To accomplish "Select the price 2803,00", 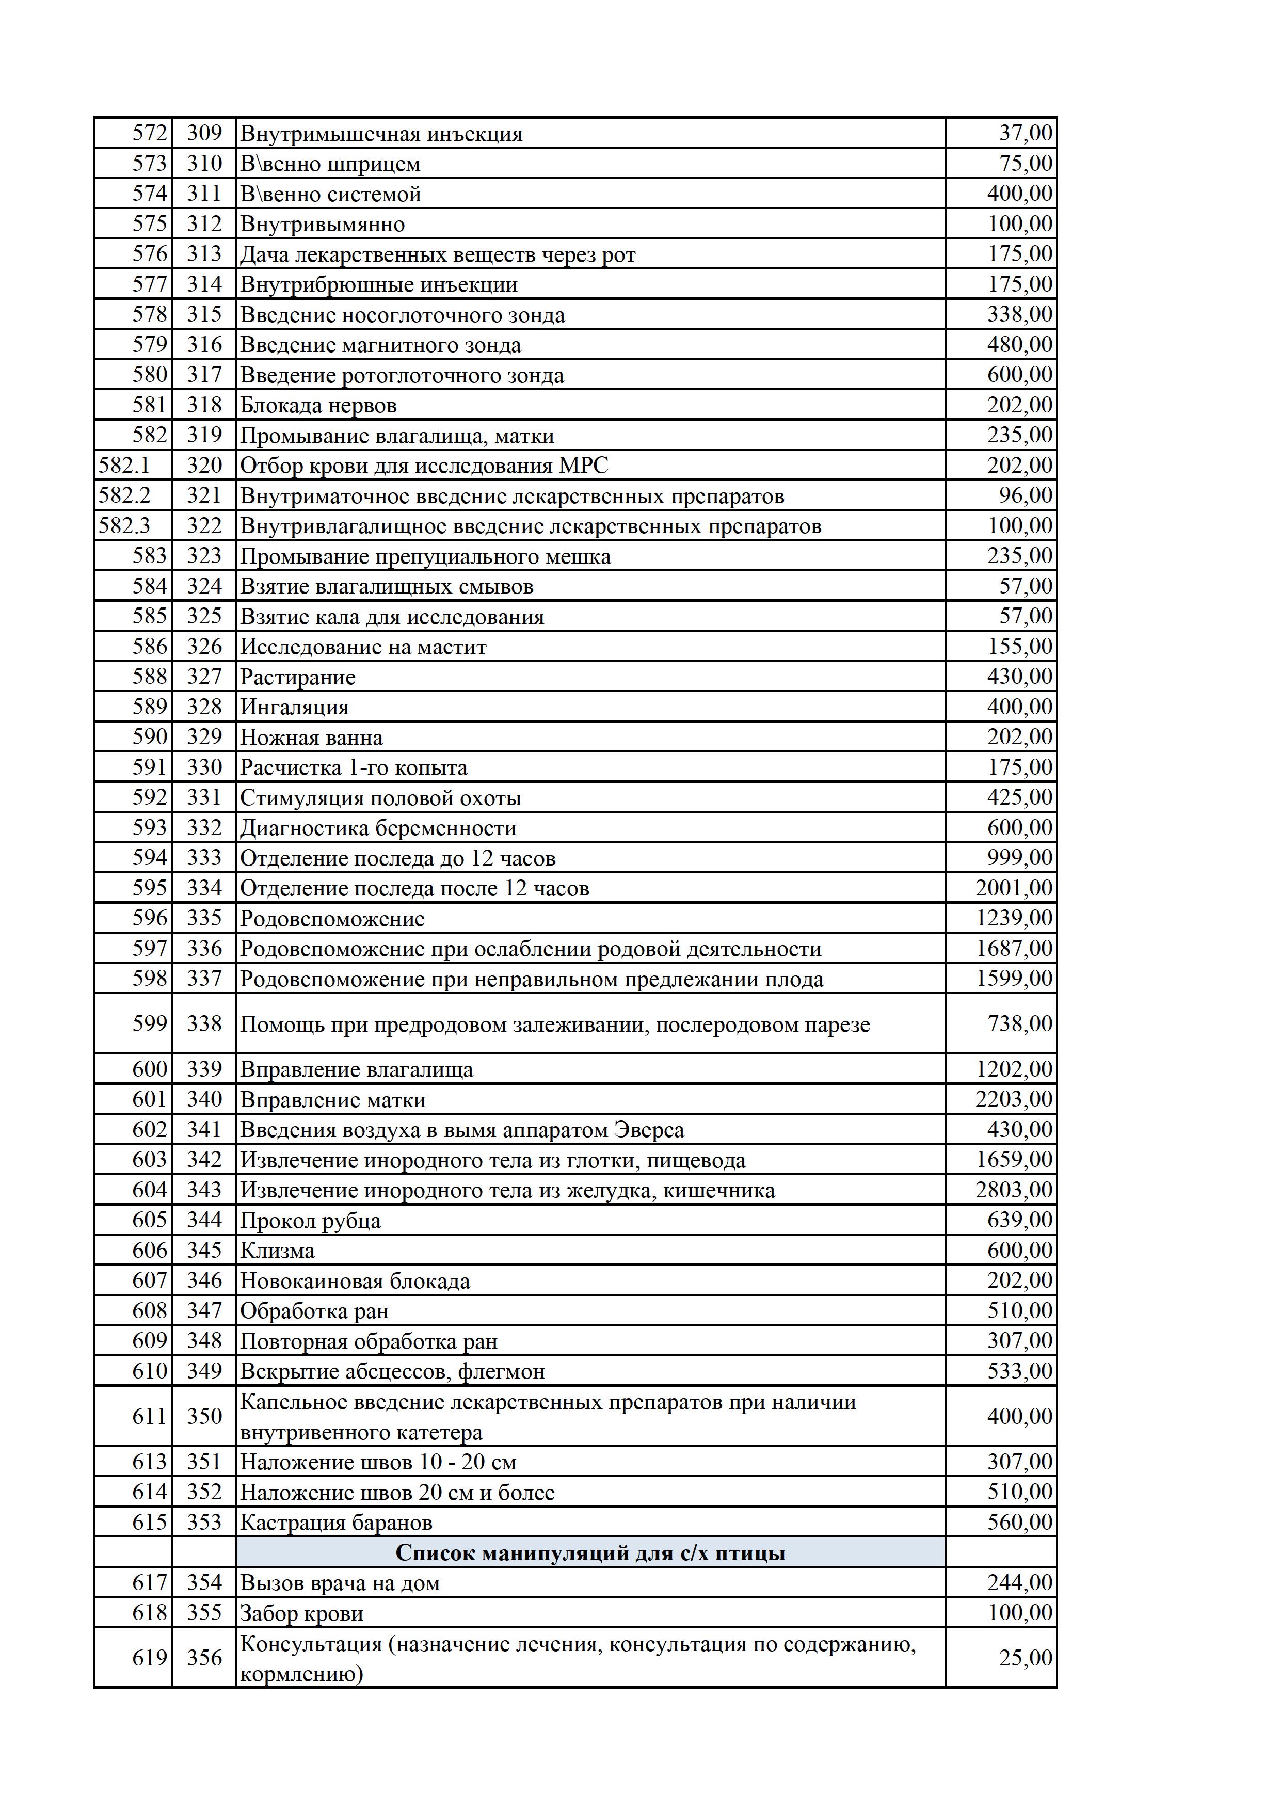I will [1014, 1190].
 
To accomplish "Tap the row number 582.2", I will [124, 495].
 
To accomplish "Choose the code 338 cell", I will [204, 1023].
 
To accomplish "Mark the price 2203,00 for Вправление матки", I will [1014, 1099].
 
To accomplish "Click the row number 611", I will [150, 1416].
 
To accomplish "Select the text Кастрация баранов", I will [336, 1522].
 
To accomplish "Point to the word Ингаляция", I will [294, 707].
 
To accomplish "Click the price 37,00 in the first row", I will [1026, 133].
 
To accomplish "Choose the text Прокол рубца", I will [310, 1220].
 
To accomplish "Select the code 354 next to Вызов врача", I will [204, 1583].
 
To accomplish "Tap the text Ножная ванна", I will [311, 737].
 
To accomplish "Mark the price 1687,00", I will [1014, 949].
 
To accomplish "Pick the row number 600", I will [150, 1069].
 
